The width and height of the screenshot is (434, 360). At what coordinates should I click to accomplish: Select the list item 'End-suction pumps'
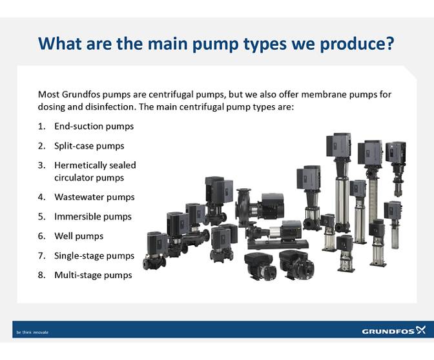94,126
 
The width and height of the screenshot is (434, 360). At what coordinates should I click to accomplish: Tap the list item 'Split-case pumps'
88,146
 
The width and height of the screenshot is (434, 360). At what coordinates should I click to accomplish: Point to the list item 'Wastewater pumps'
94,197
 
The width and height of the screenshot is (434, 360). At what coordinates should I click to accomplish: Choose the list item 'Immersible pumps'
92,217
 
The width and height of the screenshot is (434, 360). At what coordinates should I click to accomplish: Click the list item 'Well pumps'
79,236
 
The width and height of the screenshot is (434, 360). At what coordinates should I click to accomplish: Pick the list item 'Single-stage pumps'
94,255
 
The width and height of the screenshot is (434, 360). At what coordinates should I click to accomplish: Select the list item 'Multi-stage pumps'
93,275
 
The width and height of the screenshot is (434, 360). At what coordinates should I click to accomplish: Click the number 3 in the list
41,165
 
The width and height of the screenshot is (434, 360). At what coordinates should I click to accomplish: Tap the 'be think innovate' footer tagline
32,332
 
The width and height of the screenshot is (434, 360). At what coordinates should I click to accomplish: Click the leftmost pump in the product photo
155,250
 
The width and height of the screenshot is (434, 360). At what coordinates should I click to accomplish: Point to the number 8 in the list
41,275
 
